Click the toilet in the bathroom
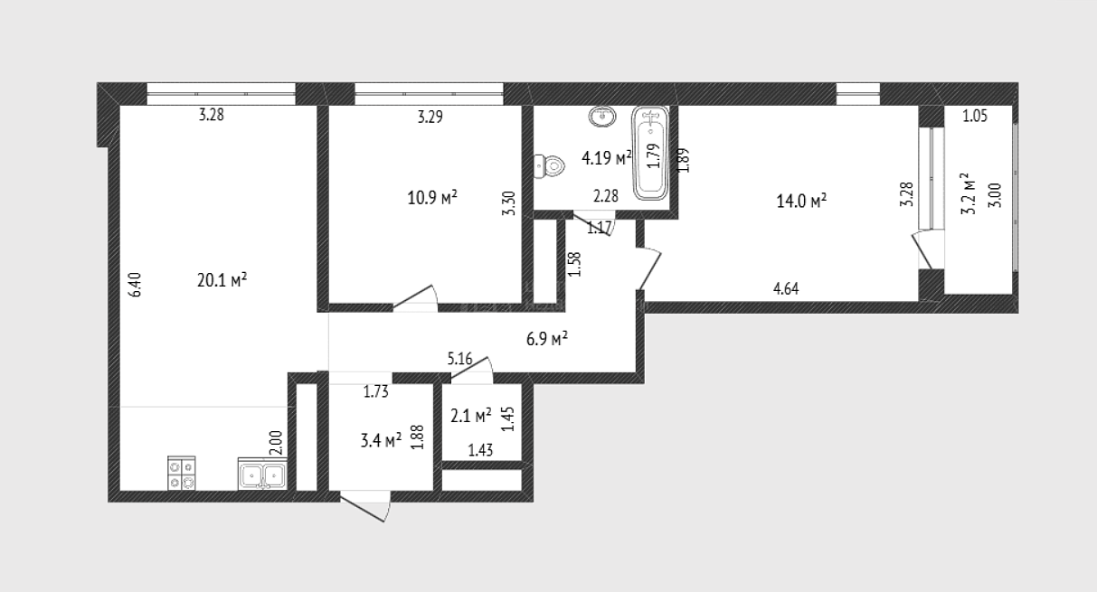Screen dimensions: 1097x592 549,166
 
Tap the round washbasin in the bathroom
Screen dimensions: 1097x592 602,117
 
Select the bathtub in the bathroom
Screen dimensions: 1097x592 650,154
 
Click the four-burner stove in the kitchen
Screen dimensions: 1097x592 182,473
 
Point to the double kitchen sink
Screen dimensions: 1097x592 262,474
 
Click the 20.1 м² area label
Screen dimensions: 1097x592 222,280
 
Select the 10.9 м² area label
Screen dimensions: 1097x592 432,198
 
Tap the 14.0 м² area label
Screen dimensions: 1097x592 801,201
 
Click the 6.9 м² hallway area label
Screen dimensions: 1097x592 547,339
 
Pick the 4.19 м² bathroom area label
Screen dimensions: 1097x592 607,158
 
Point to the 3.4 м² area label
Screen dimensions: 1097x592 381,440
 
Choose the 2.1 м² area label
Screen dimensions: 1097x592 470,416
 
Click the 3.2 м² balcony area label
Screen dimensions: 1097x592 969,193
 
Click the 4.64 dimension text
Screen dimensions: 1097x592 786,288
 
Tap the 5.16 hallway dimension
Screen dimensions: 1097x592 459,359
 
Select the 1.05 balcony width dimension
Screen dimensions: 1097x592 975,116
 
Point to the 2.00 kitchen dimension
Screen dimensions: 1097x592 276,443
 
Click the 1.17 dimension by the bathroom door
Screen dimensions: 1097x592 600,228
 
